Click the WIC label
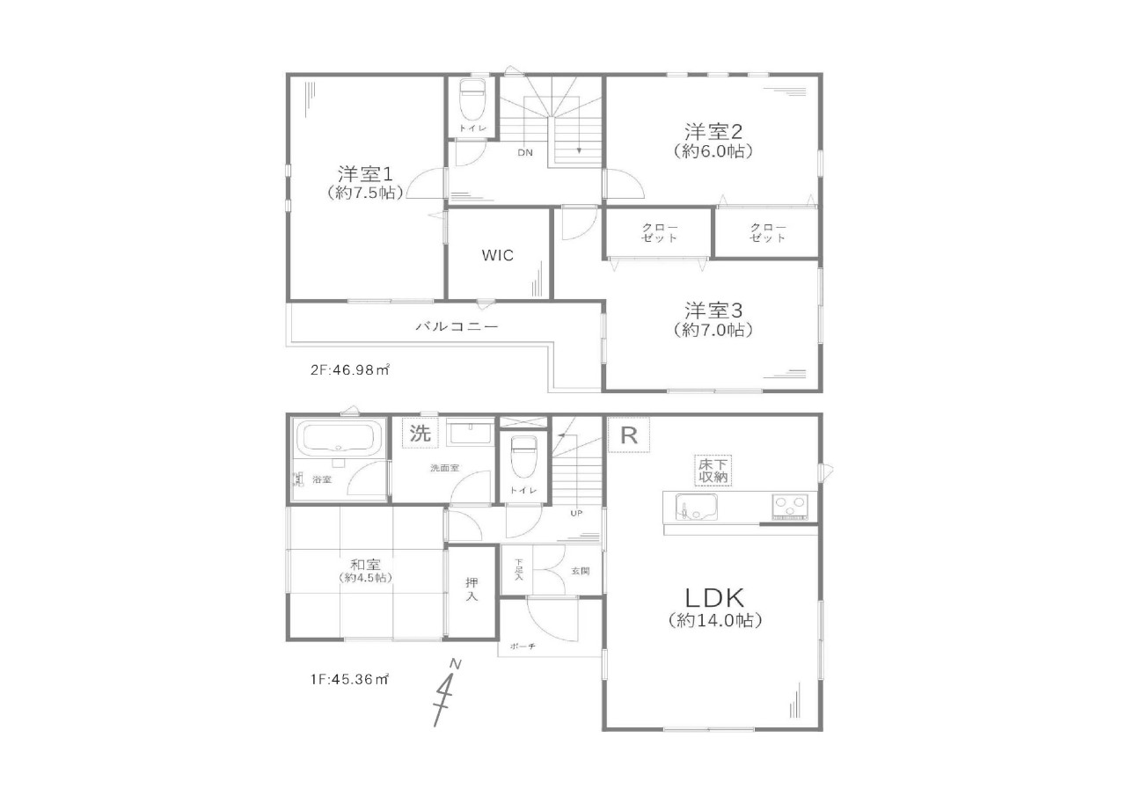(497, 255)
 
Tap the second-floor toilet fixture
(472, 100)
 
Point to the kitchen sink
(696, 507)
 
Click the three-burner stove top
(790, 507)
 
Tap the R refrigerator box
(628, 435)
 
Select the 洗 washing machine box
(420, 433)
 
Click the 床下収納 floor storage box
(713, 471)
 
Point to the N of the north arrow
(455, 664)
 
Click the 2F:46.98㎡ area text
(350, 370)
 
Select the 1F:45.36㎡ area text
(350, 679)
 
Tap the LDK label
(714, 598)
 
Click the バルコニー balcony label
(457, 326)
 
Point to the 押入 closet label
(471, 589)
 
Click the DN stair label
(525, 152)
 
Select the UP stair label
(576, 513)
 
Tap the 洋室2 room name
(713, 132)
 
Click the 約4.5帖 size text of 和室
(365, 578)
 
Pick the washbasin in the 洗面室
(470, 433)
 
